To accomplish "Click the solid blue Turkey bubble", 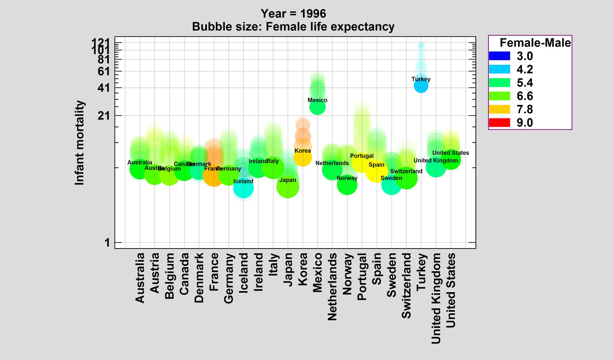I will click(x=421, y=86).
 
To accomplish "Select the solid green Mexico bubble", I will click(x=317, y=107).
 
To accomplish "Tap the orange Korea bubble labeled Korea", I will click(x=303, y=157).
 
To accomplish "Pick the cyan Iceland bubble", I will click(x=243, y=188).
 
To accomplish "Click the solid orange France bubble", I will click(x=213, y=176).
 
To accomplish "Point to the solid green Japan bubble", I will click(x=288, y=187).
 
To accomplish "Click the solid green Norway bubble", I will click(x=347, y=185).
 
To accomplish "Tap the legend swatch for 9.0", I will click(x=499, y=123).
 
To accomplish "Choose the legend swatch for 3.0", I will click(x=499, y=56).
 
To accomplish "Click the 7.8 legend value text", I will click(x=524, y=110).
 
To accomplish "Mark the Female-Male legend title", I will click(x=535, y=43).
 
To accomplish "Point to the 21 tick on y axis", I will click(x=104, y=116).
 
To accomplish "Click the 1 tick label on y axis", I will click(x=107, y=243).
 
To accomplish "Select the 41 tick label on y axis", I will click(x=104, y=88).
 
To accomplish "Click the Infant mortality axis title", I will click(x=79, y=143).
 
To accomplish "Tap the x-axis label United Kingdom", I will click(x=436, y=299).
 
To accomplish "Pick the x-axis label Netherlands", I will click(x=332, y=287).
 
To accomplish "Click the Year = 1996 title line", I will click(x=293, y=14).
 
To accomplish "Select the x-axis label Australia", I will click(x=140, y=278).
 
